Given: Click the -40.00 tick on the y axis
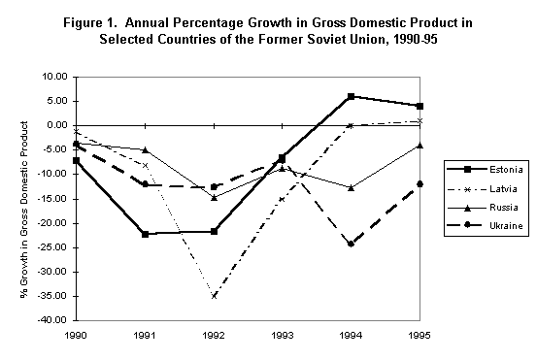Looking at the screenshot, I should pyautogui.click(x=50, y=320).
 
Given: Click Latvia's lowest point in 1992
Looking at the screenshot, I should pyautogui.click(x=214, y=295).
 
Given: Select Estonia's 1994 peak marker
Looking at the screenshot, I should pyautogui.click(x=351, y=96).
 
